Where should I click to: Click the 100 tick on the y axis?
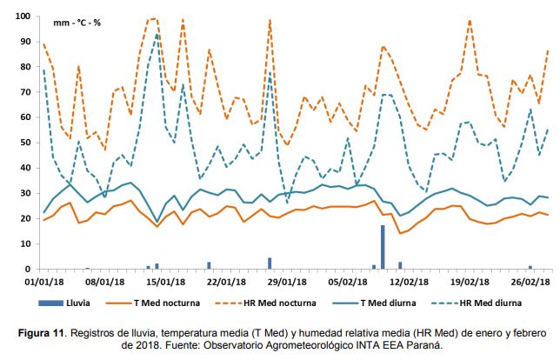(21, 17)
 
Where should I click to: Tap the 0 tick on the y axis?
(26, 269)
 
